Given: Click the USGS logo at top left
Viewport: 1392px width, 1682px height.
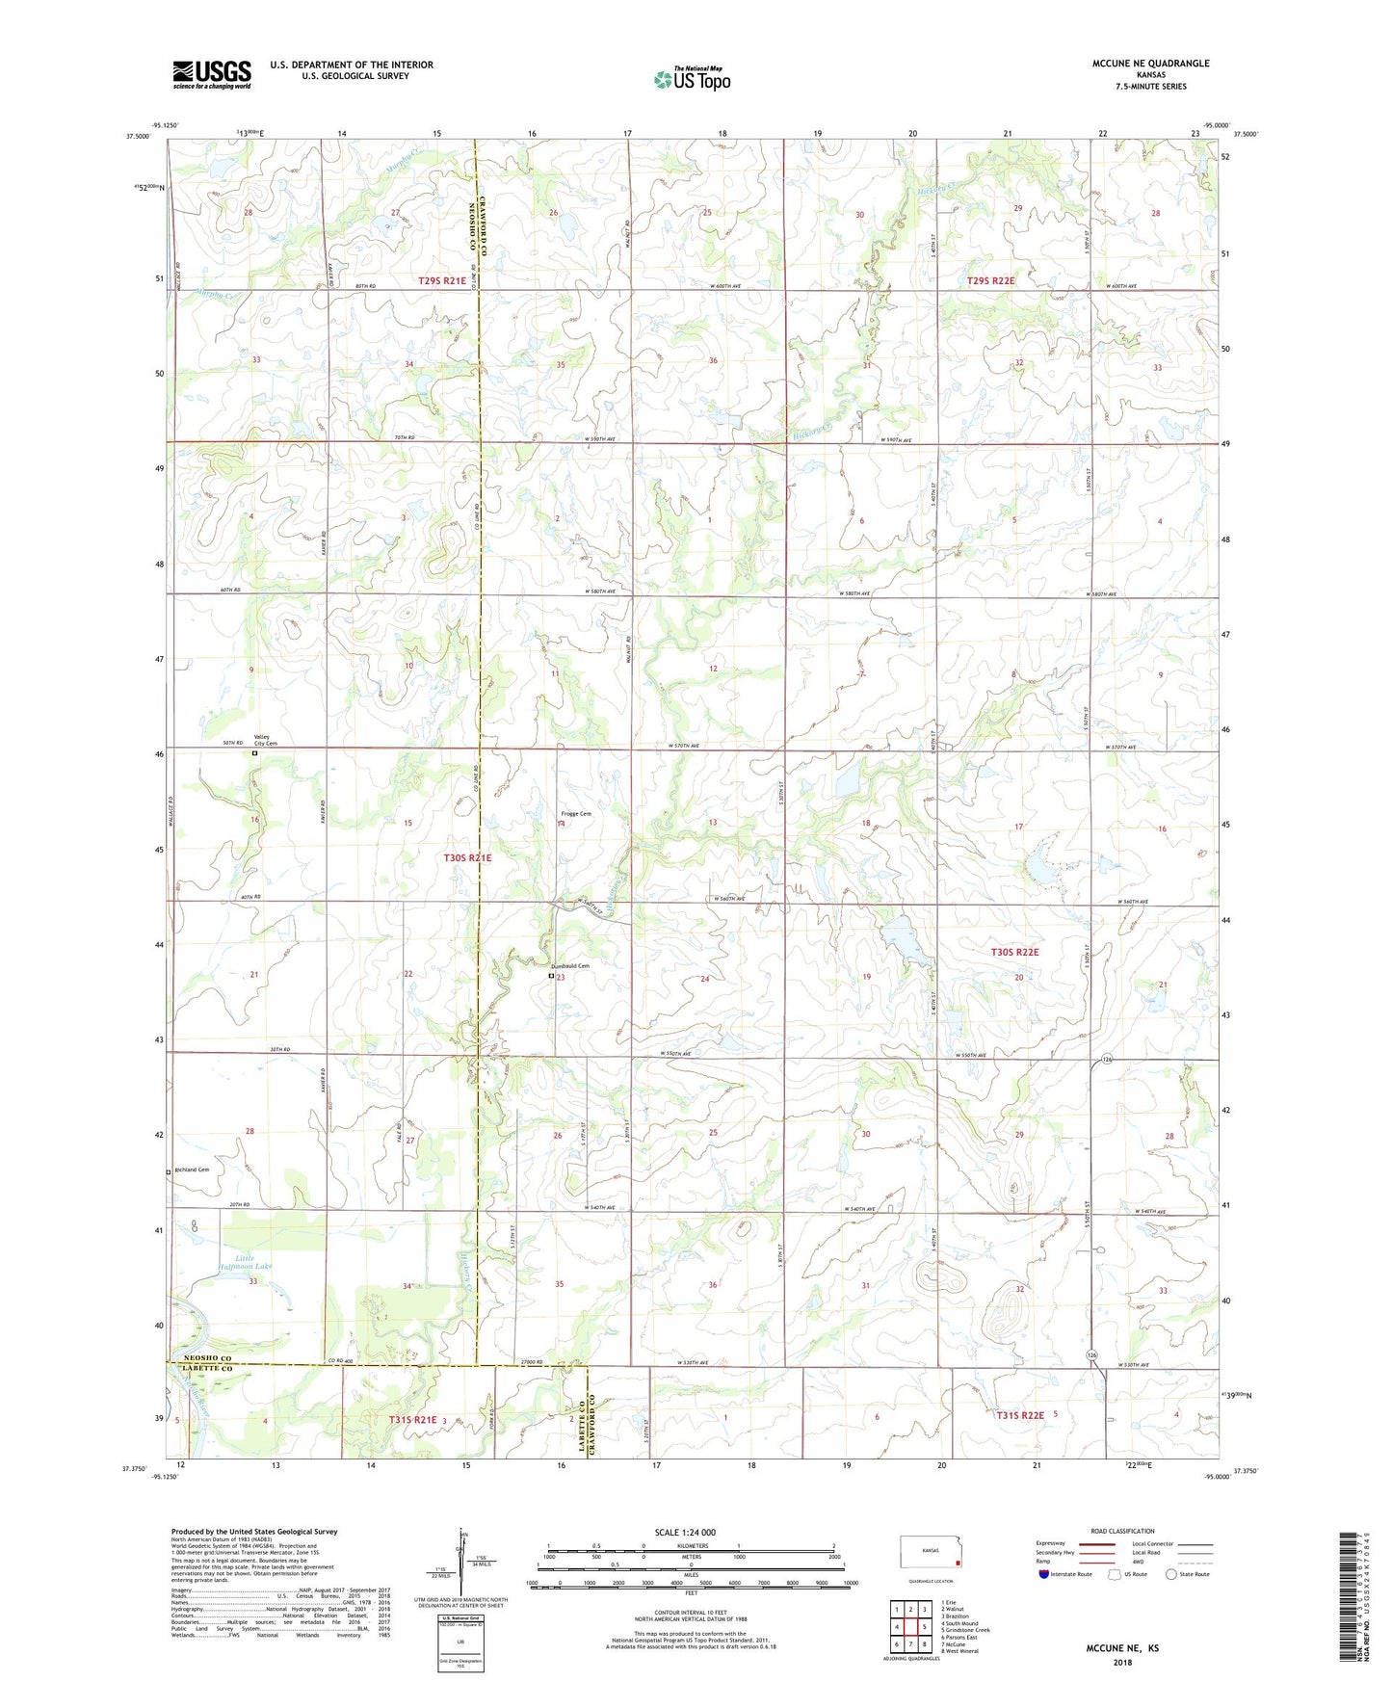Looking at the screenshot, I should pos(212,74).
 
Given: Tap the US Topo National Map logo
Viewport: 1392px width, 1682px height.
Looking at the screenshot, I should pos(691,79).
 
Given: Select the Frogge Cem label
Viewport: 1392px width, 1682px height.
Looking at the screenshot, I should pos(576,814).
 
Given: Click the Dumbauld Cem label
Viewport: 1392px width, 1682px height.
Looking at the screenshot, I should pos(569,966).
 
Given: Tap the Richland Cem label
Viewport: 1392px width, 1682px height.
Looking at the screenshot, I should pos(191,1170).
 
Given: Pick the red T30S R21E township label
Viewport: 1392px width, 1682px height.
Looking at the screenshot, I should pos(467,857).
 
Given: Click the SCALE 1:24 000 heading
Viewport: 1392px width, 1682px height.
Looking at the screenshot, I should pos(685,1533).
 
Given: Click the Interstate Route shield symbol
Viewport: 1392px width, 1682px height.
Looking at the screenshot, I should pos(1044,1574).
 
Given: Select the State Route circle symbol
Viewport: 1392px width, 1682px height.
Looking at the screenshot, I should pos(1170,1574).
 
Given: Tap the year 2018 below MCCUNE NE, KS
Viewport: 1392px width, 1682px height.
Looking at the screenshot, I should pos(1122,1662).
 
